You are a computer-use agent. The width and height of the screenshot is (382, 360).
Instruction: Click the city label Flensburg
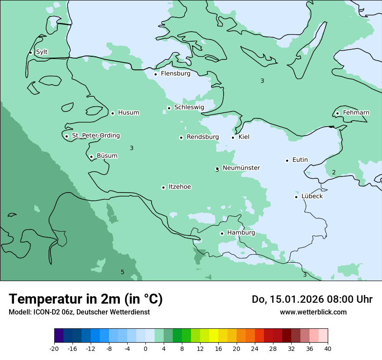pos(175,74)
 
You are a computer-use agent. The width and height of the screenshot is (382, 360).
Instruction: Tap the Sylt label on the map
pos(42,52)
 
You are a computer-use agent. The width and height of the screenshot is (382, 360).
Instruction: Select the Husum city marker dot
pos(112,113)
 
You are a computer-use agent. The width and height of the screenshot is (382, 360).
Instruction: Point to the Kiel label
pos(244,137)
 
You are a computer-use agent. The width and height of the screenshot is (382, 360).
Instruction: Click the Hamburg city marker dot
pos(222,233)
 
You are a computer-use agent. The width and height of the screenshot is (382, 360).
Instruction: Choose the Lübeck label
pos(312,196)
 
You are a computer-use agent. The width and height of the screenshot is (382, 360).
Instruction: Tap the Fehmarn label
pos(356,113)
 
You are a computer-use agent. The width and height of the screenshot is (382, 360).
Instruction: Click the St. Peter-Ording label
pos(95,136)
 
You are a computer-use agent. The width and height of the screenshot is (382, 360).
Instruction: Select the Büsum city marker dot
pos(91,157)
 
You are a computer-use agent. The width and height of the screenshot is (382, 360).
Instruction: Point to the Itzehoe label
pos(180,187)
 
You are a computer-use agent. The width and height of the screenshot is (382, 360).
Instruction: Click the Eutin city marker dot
pos(287,160)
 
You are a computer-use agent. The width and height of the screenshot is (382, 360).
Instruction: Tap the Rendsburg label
pos(203,137)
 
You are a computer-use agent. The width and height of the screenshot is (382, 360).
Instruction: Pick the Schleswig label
pos(189,108)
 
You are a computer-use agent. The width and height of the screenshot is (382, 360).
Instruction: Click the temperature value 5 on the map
pos(122,272)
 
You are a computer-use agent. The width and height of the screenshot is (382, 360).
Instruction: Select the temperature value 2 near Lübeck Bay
pos(334,173)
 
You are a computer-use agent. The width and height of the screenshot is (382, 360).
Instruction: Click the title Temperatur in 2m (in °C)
pos(86,299)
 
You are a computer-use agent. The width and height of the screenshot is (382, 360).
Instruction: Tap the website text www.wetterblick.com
pos(313,312)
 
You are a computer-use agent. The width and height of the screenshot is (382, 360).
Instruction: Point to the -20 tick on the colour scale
pos(54,349)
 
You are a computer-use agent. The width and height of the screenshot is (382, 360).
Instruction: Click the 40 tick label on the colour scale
pos(328,349)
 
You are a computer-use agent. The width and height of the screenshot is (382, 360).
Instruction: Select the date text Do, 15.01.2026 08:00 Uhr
pos(312,299)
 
